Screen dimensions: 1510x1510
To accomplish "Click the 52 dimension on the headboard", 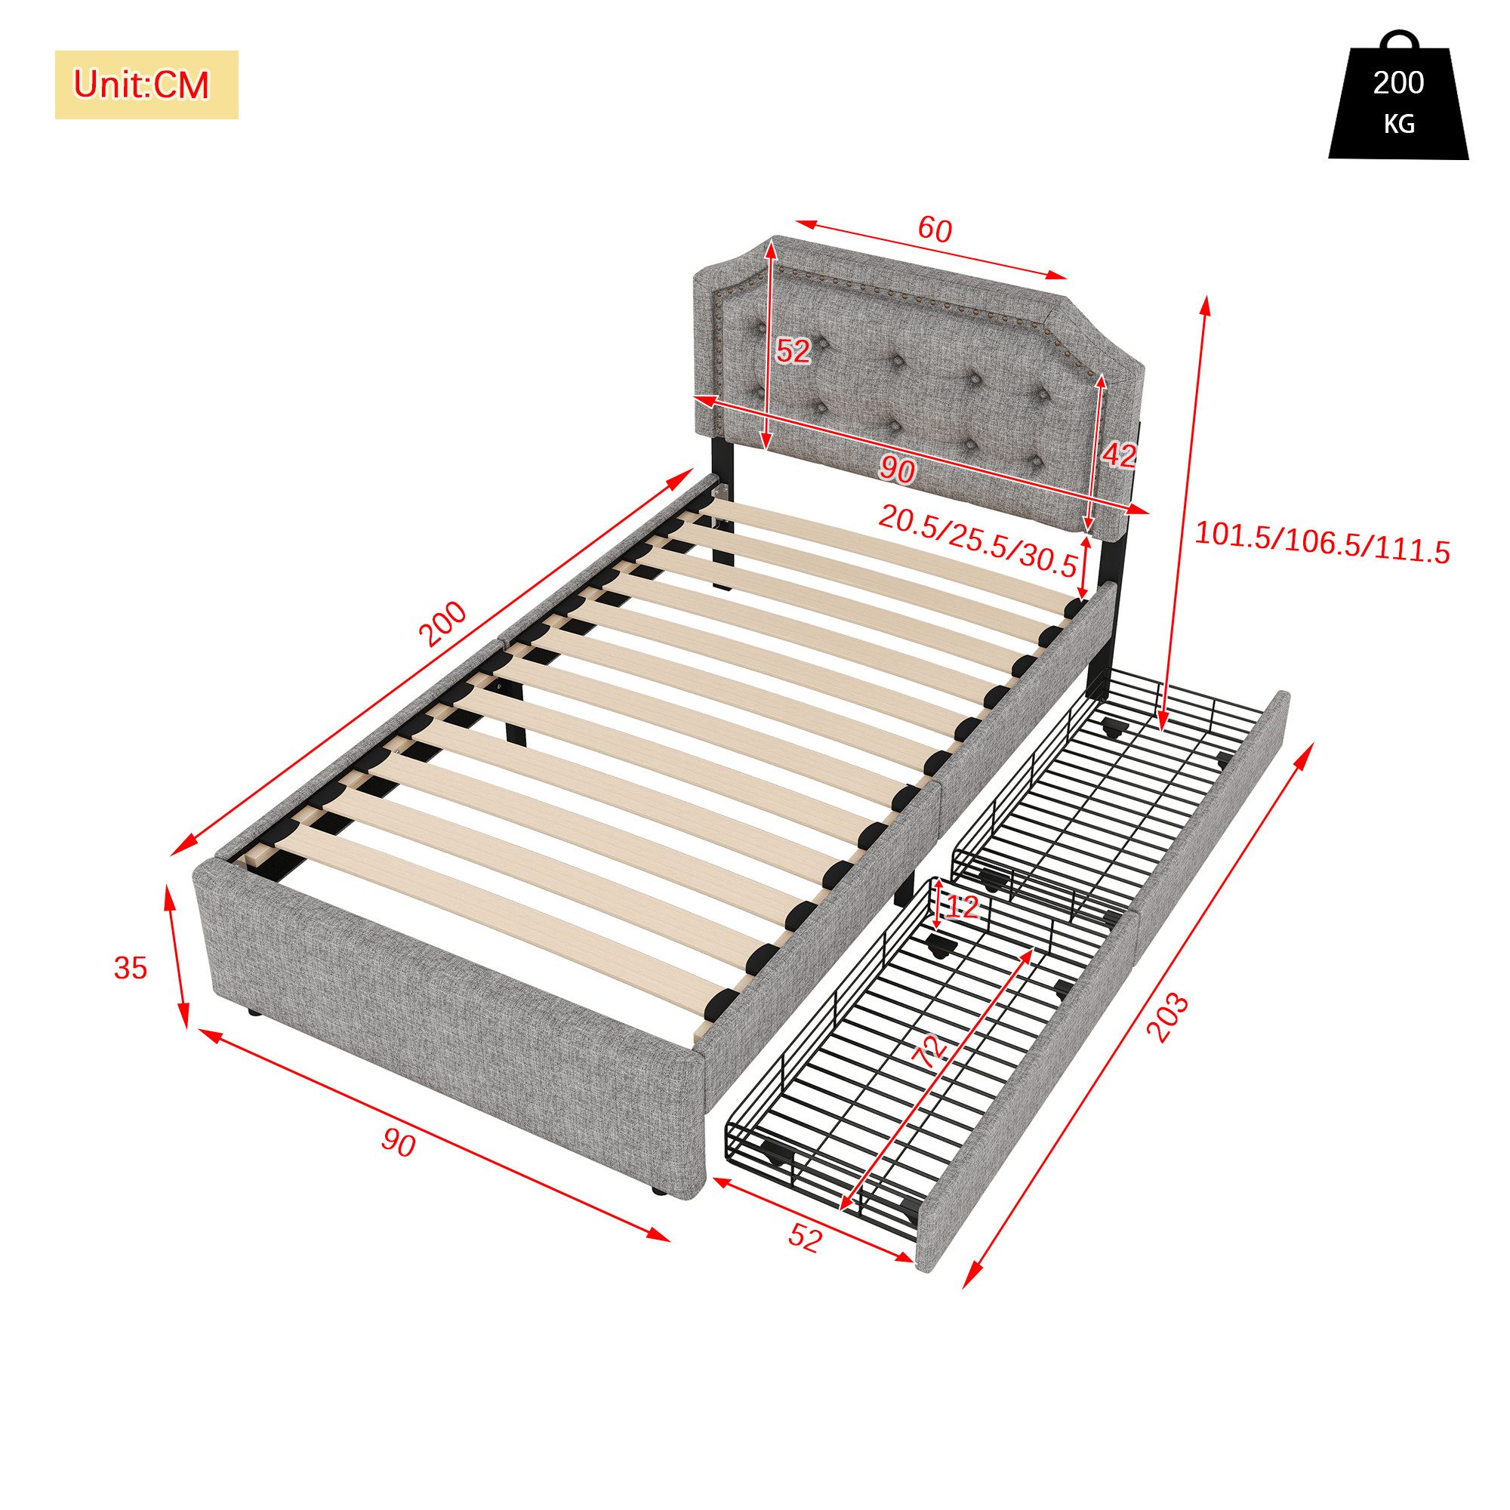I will [793, 351].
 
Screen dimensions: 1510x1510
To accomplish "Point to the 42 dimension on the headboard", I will [1119, 455].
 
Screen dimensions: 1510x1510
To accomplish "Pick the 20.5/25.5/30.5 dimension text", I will [978, 538].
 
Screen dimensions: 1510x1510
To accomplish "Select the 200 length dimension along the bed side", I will [442, 624].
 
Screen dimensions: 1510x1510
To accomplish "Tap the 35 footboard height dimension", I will [131, 969].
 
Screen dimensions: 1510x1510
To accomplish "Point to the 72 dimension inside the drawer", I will [929, 1052].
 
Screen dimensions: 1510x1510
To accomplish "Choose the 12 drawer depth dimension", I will [961, 908].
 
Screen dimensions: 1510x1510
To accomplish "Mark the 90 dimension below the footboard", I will [399, 1145].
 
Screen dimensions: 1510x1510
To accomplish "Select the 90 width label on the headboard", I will [897, 469].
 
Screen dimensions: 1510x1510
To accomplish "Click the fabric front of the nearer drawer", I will [1031, 1094].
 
